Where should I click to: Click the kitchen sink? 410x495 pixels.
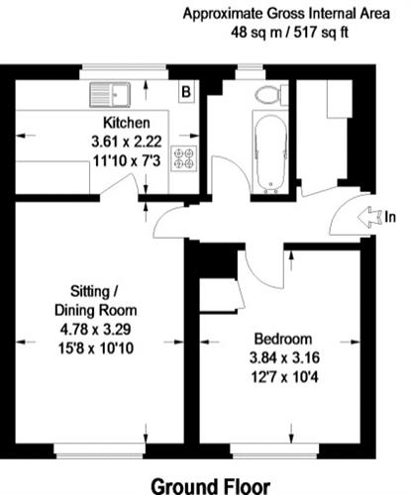110,95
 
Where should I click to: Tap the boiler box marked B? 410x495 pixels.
186,92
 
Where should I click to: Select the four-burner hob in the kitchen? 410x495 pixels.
184,158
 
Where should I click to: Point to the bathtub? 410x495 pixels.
270,153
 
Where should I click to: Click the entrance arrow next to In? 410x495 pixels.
369,217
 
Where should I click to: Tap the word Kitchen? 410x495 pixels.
127,123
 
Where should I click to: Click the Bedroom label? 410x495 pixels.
283,339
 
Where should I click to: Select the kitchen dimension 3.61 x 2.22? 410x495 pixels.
127,142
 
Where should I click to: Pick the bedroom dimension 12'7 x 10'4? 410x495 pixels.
284,377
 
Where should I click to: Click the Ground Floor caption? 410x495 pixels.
211,486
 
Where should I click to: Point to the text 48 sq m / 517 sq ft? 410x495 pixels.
289,33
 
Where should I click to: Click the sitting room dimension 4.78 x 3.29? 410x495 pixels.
95,330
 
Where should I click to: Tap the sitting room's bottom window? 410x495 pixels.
100,451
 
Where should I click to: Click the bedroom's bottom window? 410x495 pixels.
275,451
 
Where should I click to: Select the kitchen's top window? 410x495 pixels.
125,72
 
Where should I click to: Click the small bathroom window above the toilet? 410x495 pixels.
250,72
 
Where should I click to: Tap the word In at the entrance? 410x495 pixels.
390,217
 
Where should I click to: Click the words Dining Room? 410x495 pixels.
95,311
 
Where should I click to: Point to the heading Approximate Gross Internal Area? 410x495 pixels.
286,14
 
